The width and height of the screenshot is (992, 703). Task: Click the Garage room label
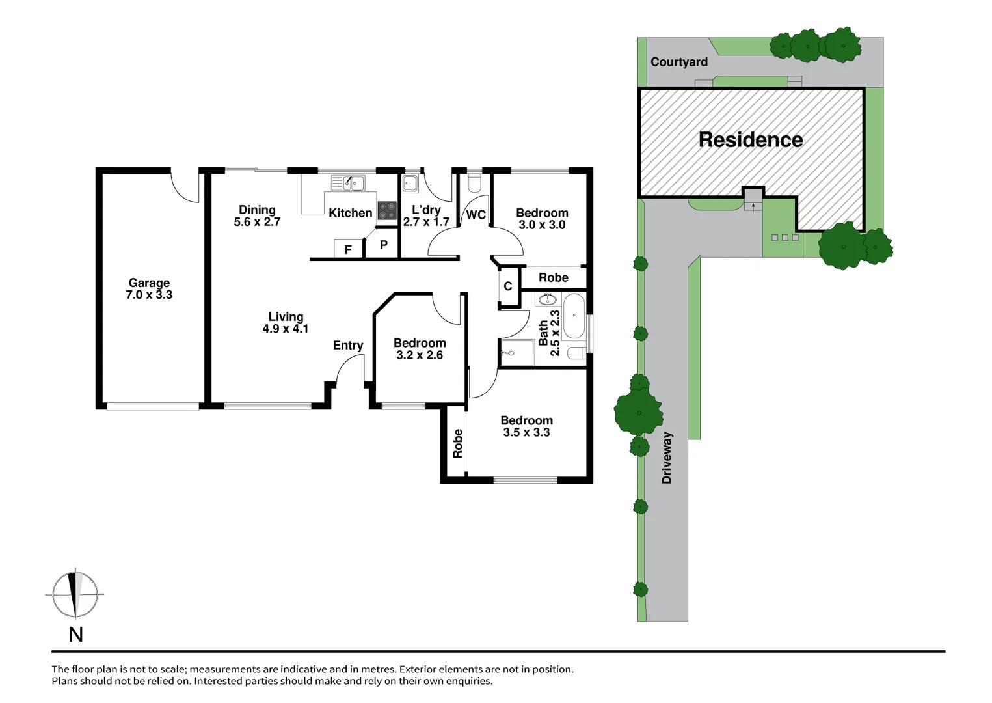pyautogui.click(x=149, y=283)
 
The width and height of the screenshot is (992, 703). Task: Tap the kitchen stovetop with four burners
pyautogui.click(x=387, y=211)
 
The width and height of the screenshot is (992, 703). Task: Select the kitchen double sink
pyautogui.click(x=348, y=183)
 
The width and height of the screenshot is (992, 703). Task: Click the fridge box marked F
pyautogui.click(x=349, y=249)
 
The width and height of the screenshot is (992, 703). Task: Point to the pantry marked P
pyautogui.click(x=384, y=244)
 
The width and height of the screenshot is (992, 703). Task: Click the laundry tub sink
pyautogui.click(x=410, y=184)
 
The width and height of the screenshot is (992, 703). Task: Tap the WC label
pyautogui.click(x=476, y=215)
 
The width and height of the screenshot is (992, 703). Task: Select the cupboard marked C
pyautogui.click(x=508, y=286)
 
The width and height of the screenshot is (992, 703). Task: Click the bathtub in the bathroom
pyautogui.click(x=574, y=315)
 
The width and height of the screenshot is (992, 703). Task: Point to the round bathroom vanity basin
pyautogui.click(x=548, y=300)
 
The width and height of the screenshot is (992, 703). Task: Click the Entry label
pyautogui.click(x=348, y=346)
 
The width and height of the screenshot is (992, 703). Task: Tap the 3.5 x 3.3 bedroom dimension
pyautogui.click(x=526, y=432)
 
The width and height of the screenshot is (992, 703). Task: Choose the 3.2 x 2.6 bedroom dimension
pyautogui.click(x=420, y=355)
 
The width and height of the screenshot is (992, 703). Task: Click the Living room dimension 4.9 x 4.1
pyautogui.click(x=286, y=329)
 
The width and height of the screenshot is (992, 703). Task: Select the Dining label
pyautogui.click(x=257, y=210)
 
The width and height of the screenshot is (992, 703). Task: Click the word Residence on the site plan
pyautogui.click(x=751, y=140)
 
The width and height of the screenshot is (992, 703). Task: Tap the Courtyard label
pyautogui.click(x=679, y=62)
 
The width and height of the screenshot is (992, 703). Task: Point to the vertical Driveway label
pyautogui.click(x=667, y=458)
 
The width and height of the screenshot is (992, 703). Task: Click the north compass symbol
pyautogui.click(x=75, y=594)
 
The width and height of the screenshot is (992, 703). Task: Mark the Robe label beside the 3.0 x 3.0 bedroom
pyautogui.click(x=554, y=277)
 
